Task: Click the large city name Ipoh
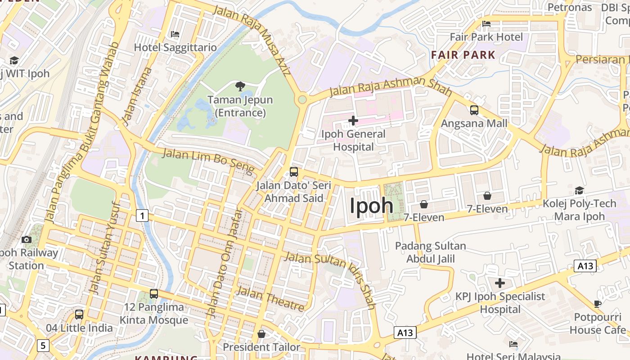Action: click(372, 206)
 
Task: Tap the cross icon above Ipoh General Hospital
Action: click(353, 121)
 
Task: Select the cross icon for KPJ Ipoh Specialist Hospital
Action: click(499, 283)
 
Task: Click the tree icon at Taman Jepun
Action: click(240, 86)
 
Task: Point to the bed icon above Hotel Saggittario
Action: click(175, 34)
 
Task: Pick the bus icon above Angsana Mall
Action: click(474, 110)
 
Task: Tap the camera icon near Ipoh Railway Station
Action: click(27, 239)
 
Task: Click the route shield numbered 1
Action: click(142, 216)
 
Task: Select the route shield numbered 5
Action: click(43, 346)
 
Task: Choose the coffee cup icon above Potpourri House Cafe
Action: click(598, 304)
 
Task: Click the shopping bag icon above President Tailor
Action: click(261, 334)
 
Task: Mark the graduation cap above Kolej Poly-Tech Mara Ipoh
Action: click(579, 191)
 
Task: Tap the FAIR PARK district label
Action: click(463, 55)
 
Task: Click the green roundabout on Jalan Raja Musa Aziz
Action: click(302, 99)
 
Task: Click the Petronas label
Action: click(569, 7)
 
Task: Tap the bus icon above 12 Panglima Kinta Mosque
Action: click(154, 294)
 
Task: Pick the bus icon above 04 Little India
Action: click(79, 314)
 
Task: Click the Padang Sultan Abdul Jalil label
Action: click(431, 252)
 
